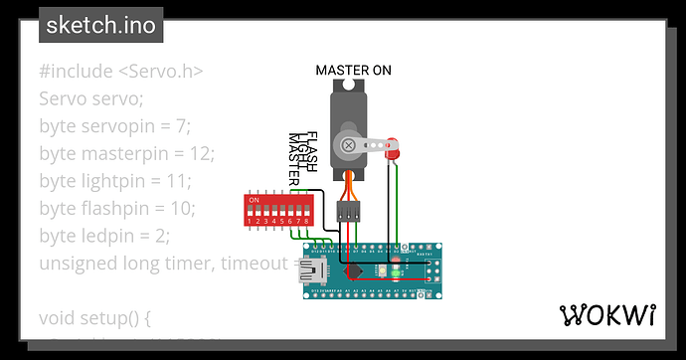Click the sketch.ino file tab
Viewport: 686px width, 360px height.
point(100,25)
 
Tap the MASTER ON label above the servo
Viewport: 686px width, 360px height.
point(353,70)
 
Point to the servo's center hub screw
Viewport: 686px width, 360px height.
point(349,145)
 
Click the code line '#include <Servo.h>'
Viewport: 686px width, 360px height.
point(121,72)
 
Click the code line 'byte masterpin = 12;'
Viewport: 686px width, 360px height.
point(126,154)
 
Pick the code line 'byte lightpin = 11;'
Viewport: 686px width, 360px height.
point(115,181)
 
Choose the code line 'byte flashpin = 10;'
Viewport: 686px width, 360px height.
point(117,209)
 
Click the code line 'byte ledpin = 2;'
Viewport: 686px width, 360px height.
point(104,236)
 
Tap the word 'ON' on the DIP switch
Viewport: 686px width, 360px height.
point(255,200)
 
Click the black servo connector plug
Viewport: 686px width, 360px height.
point(349,211)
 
